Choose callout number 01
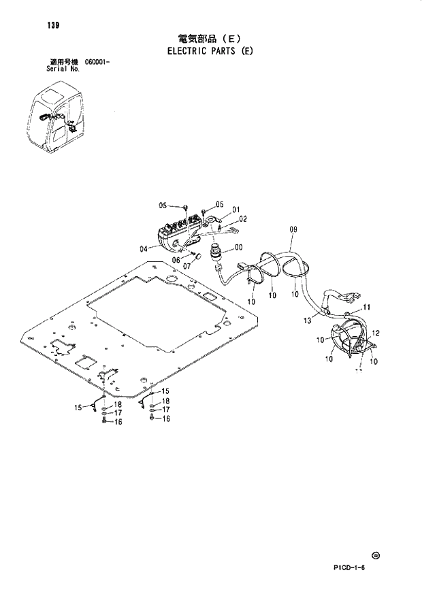[236, 210]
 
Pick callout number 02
[242, 218]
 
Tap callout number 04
[144, 248]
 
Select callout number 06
[176, 260]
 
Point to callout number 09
[293, 231]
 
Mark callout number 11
[366, 308]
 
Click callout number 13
[306, 320]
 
